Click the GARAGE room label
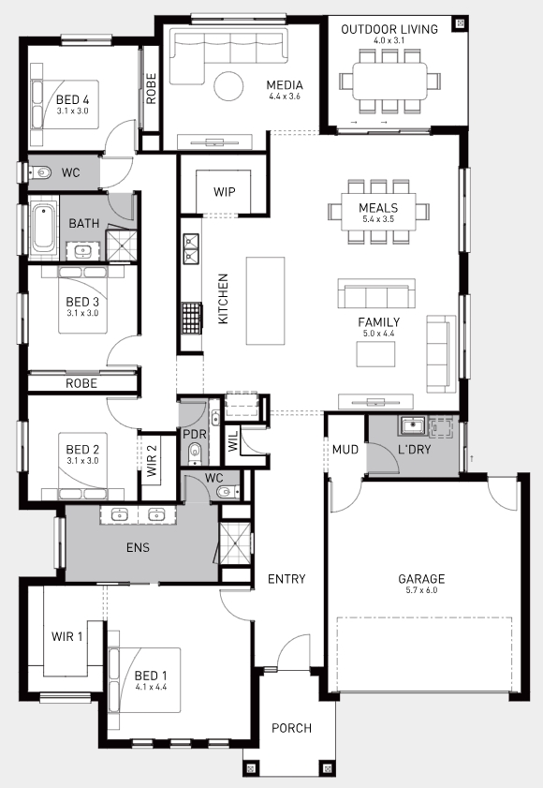point(421,578)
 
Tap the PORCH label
point(291,728)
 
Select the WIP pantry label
point(224,191)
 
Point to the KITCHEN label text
point(223,299)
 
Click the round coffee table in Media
point(228,86)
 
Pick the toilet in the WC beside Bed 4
point(41,173)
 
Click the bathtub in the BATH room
point(43,230)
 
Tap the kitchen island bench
point(265,301)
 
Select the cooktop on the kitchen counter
point(191,318)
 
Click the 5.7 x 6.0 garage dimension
point(421,590)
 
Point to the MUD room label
point(345,449)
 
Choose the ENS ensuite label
point(139,547)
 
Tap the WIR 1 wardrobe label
point(66,637)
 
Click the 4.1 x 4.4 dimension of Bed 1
point(151,687)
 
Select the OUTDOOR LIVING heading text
point(389,29)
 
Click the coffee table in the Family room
point(375,354)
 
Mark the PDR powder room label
point(195,434)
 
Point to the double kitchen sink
point(190,248)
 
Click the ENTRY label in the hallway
point(286,579)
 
